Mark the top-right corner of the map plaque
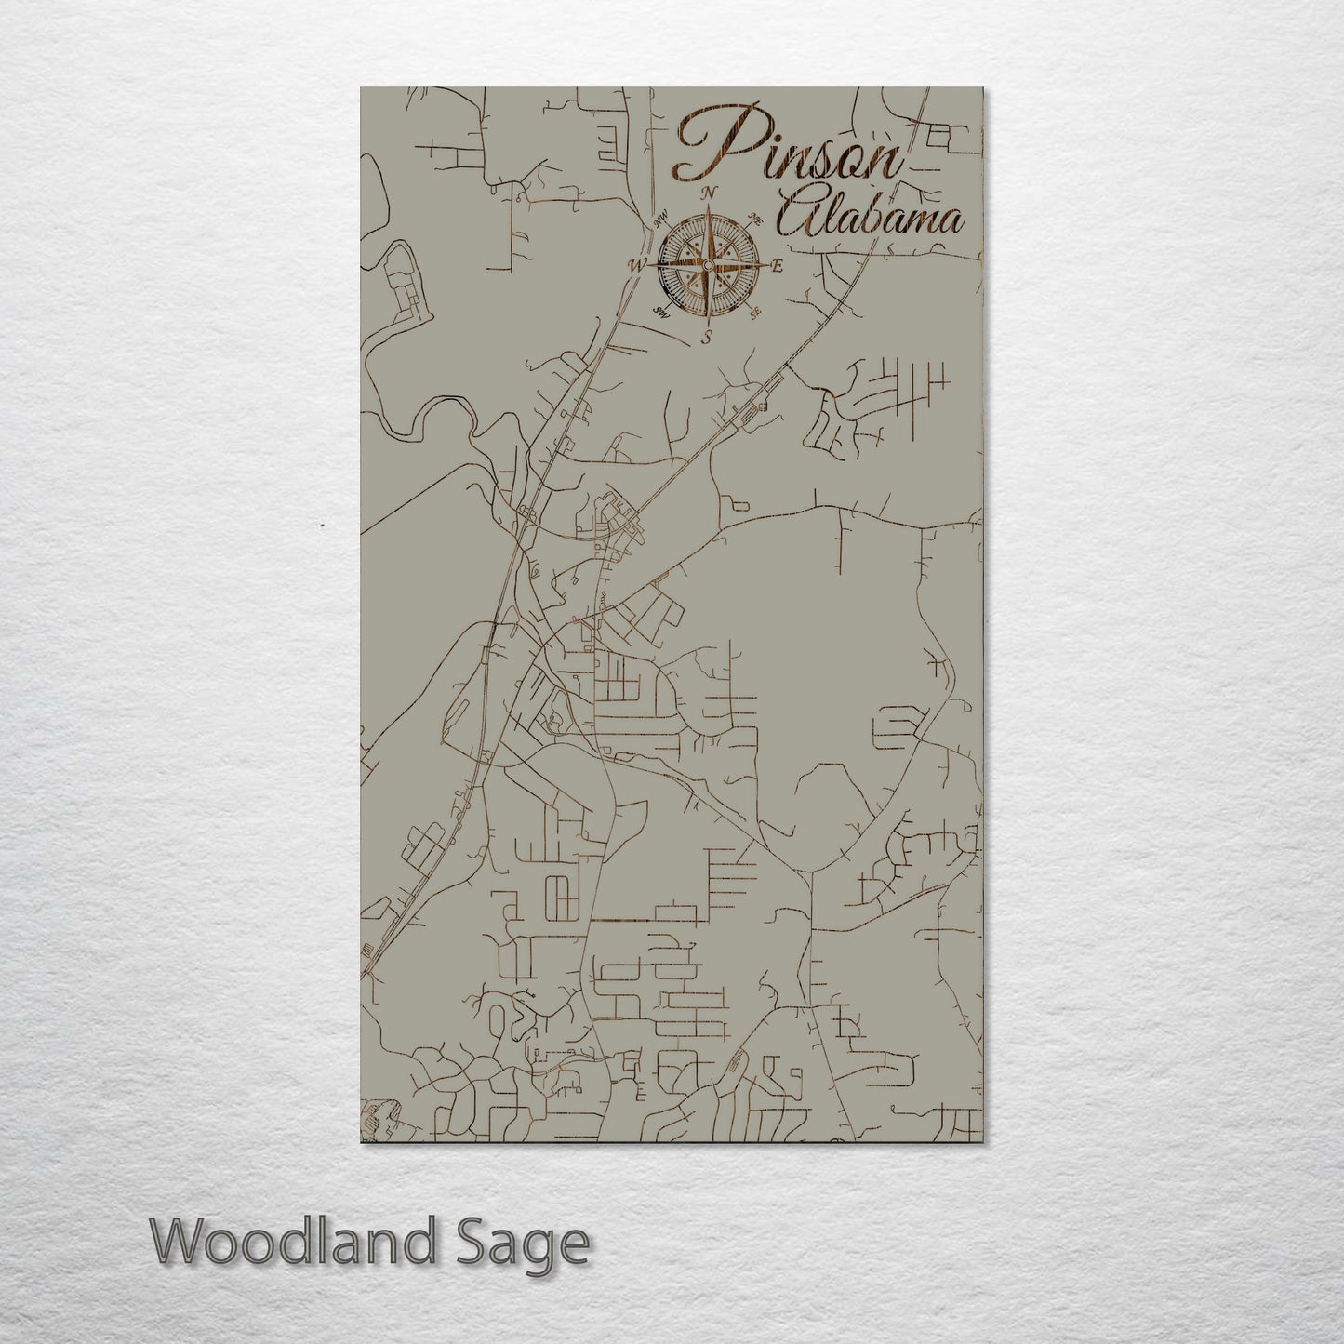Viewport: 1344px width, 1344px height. (982, 88)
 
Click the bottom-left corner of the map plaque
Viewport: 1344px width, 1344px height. (361, 1142)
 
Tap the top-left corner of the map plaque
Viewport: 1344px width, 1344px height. (361, 88)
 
